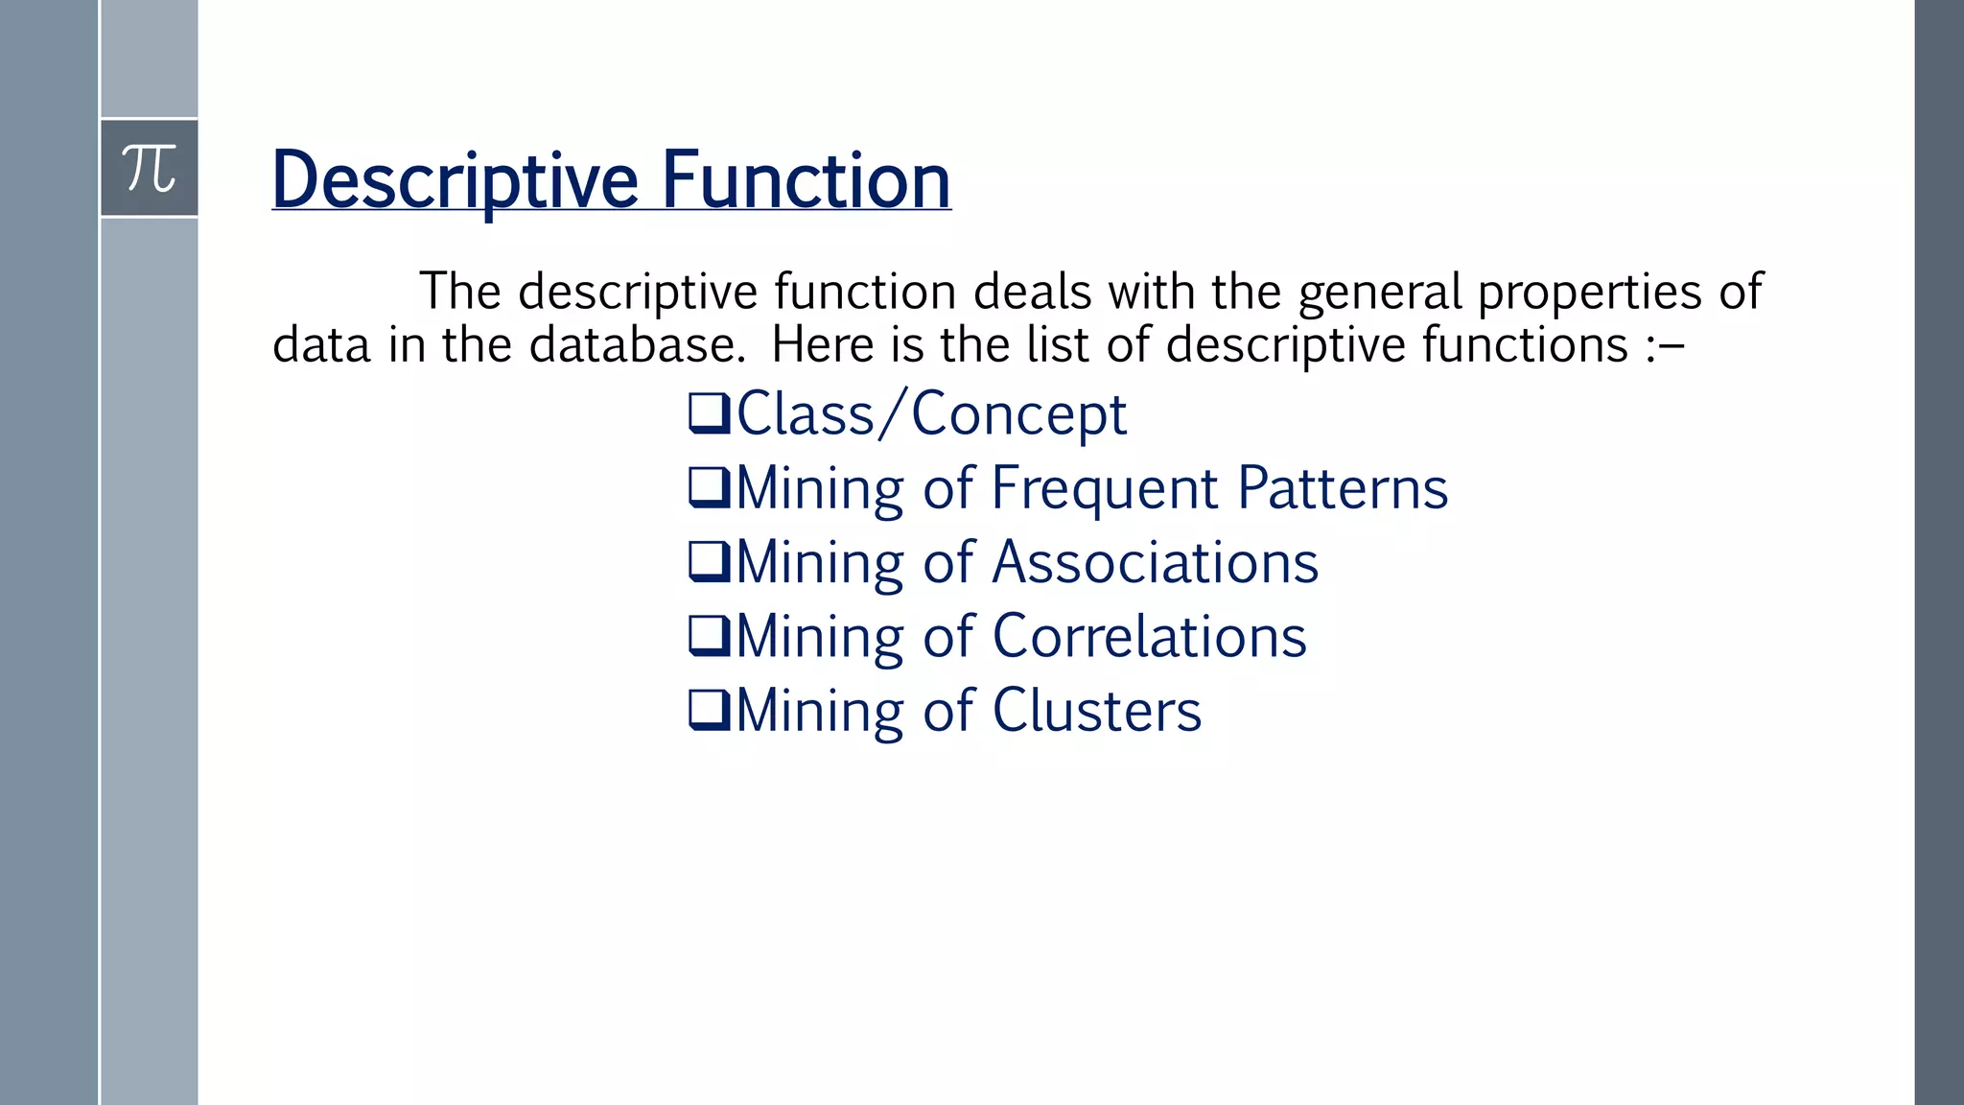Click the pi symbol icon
150,169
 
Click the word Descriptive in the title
455,180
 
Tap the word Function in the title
806,180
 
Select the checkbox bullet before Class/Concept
710,414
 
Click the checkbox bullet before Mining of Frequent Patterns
710,488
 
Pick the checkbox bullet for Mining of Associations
710,562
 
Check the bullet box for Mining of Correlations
710,636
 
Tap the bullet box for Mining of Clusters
710,710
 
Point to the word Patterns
1343,488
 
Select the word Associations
1155,562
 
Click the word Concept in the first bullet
1018,415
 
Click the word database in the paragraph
637,344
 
